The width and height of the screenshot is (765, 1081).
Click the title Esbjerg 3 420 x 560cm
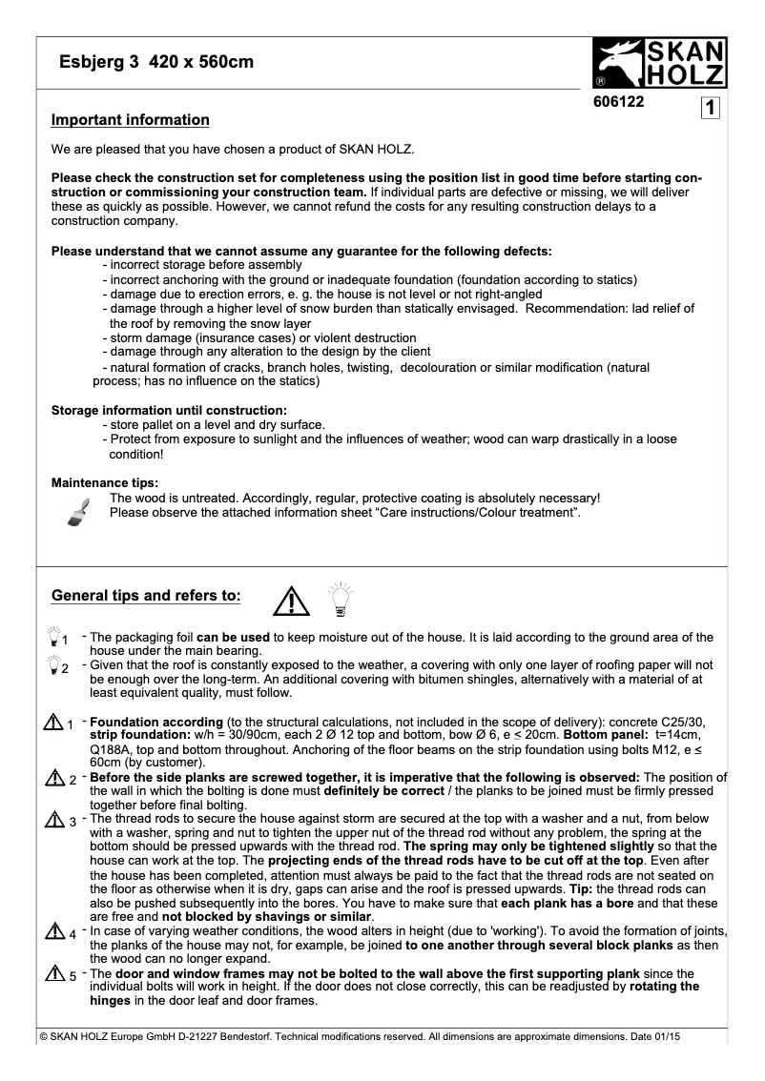(156, 63)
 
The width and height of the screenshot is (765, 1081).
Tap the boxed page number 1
(711, 108)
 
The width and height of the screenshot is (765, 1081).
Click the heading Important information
(130, 120)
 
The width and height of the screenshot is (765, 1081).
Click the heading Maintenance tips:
(105, 483)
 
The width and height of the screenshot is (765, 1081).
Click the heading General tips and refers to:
(146, 596)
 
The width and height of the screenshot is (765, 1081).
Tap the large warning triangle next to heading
(289, 601)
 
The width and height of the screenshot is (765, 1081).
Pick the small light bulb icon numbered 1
(55, 636)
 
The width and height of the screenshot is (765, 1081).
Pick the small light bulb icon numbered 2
(55, 665)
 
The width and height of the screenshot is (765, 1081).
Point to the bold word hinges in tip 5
(111, 1000)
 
